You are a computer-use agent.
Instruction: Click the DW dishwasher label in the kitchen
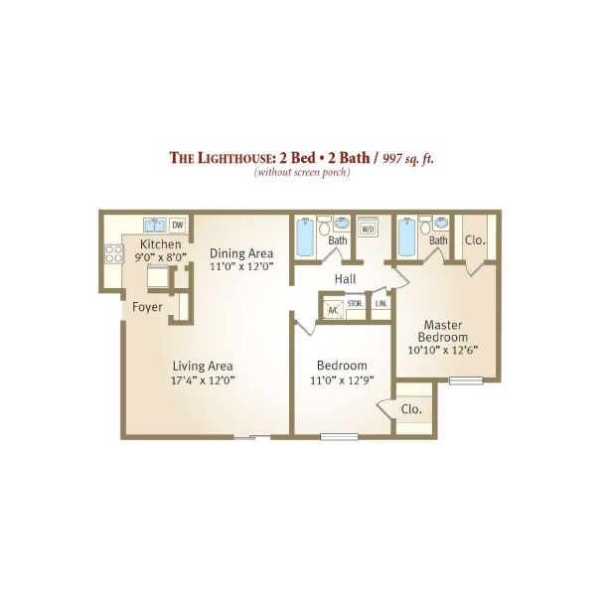point(178,225)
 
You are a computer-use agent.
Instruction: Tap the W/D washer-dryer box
point(368,228)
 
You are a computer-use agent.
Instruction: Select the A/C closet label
point(332,310)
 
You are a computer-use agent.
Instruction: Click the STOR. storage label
point(355,302)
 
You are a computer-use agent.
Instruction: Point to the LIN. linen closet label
point(380,302)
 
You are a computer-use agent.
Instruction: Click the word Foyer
point(148,307)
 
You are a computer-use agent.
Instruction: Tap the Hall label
point(346,278)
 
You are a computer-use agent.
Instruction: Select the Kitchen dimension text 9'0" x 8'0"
point(160,258)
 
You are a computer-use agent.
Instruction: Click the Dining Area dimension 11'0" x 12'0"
point(241,266)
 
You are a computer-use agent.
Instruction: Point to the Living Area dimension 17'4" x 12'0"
point(203,379)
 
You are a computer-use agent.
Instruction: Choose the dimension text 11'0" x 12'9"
point(341,379)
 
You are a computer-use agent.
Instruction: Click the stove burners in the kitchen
point(111,254)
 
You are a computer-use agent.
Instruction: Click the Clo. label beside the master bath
point(475,239)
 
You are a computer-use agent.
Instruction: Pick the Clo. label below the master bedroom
point(410,408)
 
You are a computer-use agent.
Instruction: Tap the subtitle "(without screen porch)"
point(302,173)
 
